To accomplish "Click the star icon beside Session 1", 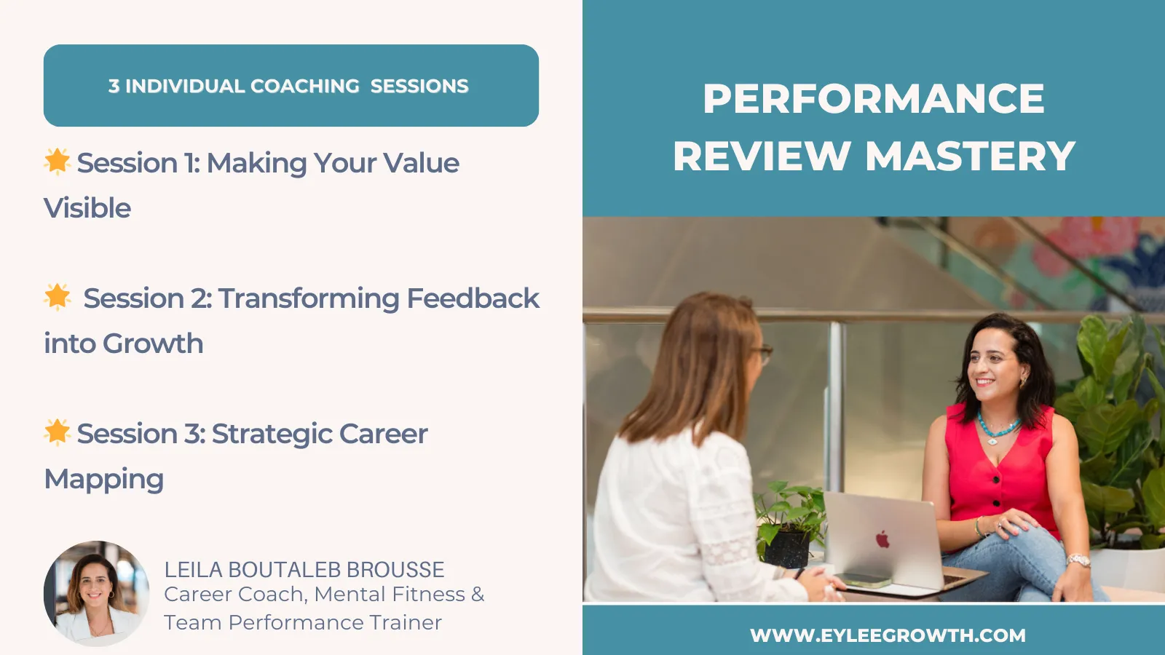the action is point(58,161).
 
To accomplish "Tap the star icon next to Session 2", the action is point(58,297).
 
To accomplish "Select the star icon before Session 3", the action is point(58,432).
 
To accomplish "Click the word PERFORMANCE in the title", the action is point(874,98).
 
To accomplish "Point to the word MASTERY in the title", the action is point(970,156).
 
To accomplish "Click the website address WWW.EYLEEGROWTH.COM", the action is point(888,635).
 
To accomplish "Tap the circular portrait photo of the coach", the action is point(96,594).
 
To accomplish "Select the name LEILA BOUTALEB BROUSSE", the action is point(304,570).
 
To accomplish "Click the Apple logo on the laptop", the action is point(882,539).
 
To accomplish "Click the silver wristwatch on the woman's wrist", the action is point(1078,560).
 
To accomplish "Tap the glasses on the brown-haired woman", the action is point(762,354).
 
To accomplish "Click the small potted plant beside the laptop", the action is point(787,525).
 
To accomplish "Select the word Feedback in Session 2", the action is point(473,298).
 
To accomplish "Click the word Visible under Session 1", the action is point(87,208).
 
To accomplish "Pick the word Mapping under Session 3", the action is point(104,480).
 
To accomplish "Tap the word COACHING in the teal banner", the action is point(305,86).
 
